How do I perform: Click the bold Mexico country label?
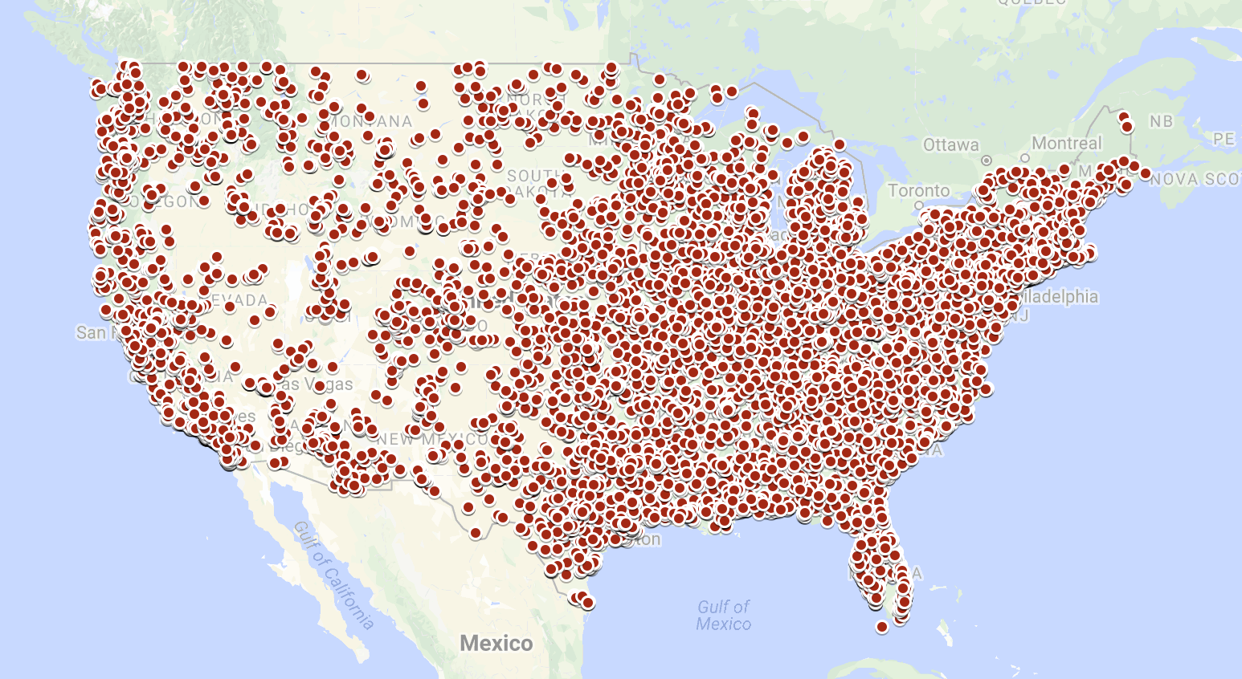(496, 643)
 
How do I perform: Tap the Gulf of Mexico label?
(723, 616)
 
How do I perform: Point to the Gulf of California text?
(333, 575)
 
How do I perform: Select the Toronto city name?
(919, 191)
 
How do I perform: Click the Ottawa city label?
(950, 145)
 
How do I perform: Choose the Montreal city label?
(1066, 144)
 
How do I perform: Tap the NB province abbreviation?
(1161, 122)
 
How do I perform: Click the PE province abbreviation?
(1223, 140)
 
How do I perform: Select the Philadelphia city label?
(1056, 296)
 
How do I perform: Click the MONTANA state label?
(371, 121)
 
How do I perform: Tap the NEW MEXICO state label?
(434, 439)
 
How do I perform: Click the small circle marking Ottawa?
(987, 160)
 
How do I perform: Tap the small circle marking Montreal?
(1025, 158)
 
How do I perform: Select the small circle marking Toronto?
(919, 205)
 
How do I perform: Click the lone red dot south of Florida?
(881, 627)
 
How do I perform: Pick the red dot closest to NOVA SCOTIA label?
(1145, 173)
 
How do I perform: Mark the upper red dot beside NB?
(1124, 117)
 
